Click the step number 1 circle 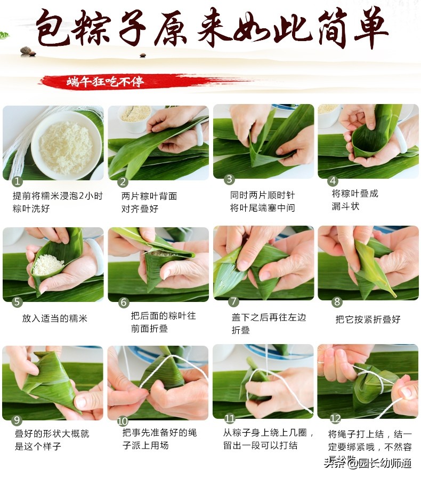18,181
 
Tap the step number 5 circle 18,302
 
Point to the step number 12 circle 335,418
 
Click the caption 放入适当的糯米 54,318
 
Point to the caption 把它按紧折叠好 368,319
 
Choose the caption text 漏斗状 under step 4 345,206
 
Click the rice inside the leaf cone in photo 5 48,264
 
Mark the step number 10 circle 123,419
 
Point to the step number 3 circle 229,179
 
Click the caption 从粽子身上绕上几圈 269,433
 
